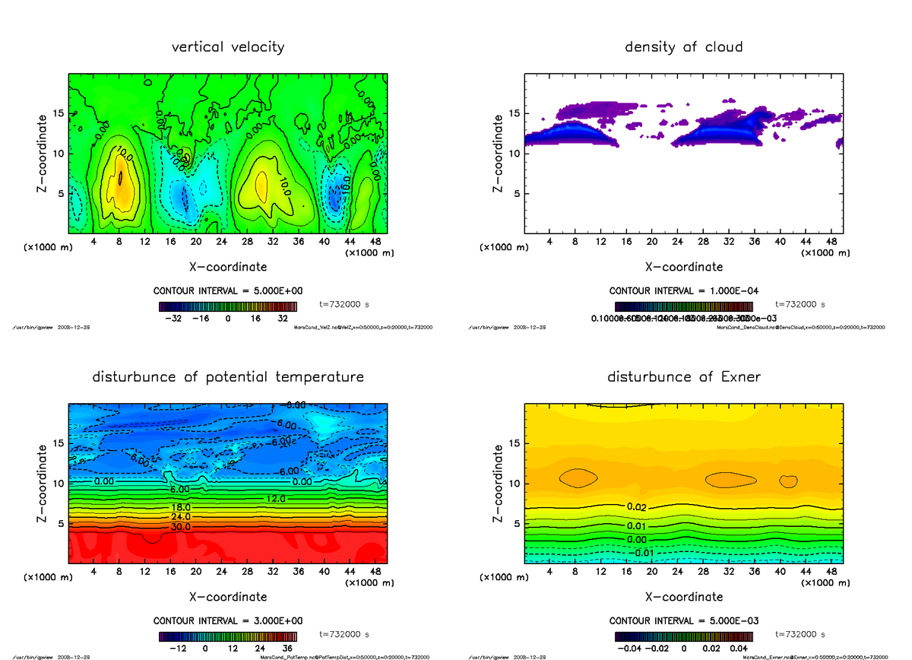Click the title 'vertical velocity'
[228, 47]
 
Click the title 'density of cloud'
[683, 47]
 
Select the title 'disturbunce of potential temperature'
[228, 377]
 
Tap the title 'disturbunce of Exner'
[683, 377]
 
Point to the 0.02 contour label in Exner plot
[637, 506]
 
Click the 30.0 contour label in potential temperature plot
[179, 526]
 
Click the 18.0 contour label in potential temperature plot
[179, 507]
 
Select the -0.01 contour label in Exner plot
[644, 552]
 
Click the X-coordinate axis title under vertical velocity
[228, 267]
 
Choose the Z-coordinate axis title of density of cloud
[499, 153]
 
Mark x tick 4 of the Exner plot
[549, 572]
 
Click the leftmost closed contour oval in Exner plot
[578, 478]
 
